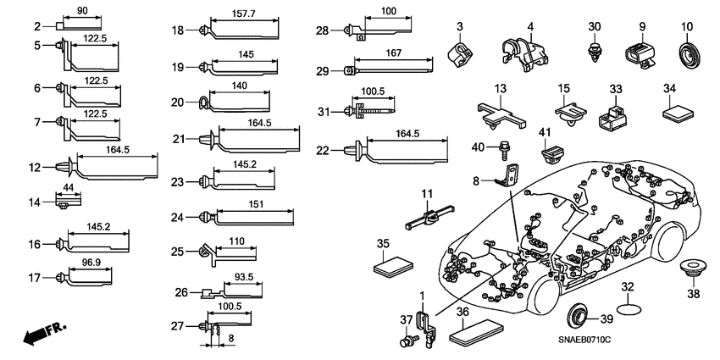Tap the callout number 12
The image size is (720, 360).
click(x=34, y=168)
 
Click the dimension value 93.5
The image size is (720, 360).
click(x=243, y=277)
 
